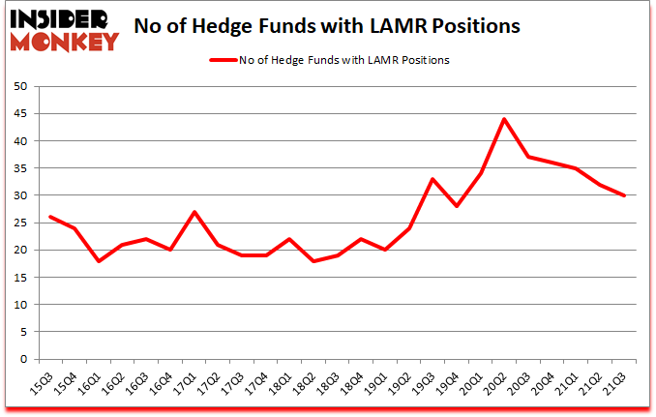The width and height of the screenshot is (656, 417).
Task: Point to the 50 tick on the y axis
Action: (18, 86)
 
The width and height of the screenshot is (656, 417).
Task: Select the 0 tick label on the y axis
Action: (21, 359)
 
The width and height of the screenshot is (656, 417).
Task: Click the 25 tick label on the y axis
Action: (18, 223)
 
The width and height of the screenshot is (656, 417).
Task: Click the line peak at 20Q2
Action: (504, 119)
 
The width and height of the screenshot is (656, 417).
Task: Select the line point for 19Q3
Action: (432, 179)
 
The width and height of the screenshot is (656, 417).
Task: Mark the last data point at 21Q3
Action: (624, 195)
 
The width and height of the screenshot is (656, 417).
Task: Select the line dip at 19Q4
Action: (457, 206)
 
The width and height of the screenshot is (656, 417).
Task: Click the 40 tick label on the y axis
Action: (18, 140)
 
